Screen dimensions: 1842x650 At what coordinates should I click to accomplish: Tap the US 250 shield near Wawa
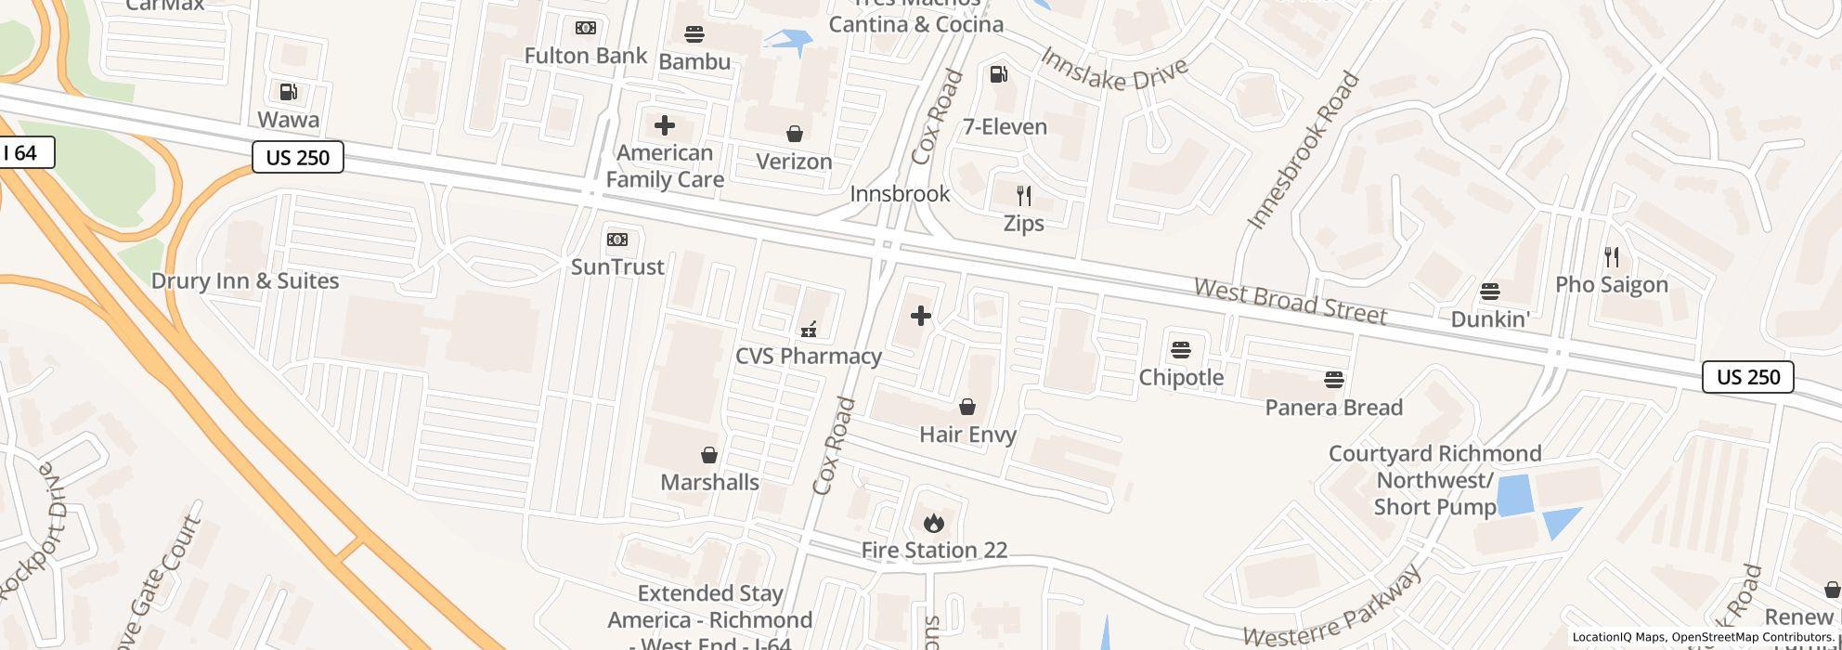(298, 158)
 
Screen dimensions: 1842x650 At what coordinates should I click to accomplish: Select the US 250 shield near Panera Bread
(1747, 377)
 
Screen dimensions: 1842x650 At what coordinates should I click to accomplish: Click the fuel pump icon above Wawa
(288, 91)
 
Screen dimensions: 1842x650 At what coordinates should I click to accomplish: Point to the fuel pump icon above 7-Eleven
(999, 74)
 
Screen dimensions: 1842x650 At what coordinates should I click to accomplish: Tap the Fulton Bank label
(585, 56)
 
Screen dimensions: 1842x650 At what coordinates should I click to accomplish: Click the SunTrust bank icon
(617, 240)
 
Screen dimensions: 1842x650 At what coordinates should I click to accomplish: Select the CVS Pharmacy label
(808, 356)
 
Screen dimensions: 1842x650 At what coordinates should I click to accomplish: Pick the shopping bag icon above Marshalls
(709, 455)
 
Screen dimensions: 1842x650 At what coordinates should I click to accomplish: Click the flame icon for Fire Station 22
(933, 524)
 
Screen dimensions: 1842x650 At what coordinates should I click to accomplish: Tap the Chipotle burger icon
(1180, 350)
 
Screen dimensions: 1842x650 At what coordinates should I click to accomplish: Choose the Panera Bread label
(1333, 408)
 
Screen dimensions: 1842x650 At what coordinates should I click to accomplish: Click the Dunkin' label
(1489, 319)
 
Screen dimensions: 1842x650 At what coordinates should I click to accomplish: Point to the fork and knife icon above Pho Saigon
(1612, 257)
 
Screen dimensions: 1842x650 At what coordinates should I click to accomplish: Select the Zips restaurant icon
(1023, 196)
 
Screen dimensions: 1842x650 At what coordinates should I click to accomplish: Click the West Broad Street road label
(1290, 301)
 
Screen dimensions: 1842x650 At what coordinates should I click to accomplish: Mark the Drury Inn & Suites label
(245, 280)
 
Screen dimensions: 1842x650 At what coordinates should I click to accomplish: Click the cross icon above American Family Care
(665, 125)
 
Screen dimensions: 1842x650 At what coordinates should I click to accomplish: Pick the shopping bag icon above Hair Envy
(966, 407)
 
